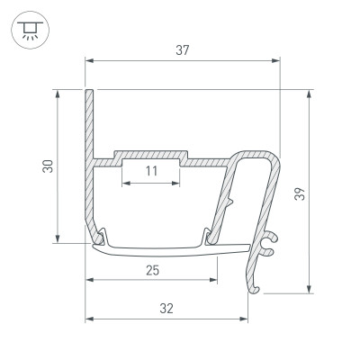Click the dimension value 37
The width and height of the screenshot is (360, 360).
182,49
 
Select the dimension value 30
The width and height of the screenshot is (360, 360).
48,166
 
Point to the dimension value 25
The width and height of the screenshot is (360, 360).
153,269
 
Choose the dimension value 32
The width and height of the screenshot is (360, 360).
166,308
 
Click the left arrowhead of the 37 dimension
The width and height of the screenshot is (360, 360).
90,61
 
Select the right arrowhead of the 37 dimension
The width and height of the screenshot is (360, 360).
276,61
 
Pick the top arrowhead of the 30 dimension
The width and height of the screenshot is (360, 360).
58,94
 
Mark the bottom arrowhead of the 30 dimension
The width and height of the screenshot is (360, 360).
58,238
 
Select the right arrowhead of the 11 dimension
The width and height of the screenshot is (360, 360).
177,182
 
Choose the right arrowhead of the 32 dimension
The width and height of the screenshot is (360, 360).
247,319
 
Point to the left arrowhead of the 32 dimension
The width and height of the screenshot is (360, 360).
90,319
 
